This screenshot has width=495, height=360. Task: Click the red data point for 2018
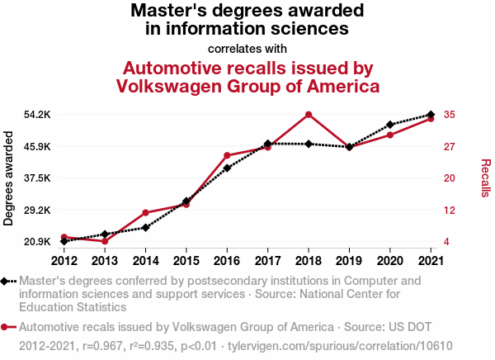[x=308, y=115]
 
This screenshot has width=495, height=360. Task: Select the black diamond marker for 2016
[x=227, y=168]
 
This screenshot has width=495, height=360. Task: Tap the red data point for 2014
[x=145, y=213]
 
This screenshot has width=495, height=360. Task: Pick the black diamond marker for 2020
[x=389, y=125]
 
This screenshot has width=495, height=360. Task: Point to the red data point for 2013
[x=105, y=241]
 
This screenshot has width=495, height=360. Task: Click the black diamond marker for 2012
[x=64, y=241]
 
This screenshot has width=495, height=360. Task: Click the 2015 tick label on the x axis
[x=186, y=261]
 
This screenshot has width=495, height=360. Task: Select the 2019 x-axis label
[x=349, y=261]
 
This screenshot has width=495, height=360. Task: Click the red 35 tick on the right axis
[x=450, y=115]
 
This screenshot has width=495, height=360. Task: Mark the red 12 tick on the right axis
[x=450, y=210]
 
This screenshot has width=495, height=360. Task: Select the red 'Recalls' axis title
[x=485, y=178]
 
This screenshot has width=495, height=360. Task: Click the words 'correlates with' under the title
[x=247, y=48]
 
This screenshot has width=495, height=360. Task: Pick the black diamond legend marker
[x=6, y=282]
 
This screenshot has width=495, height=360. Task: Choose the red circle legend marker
[x=6, y=327]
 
